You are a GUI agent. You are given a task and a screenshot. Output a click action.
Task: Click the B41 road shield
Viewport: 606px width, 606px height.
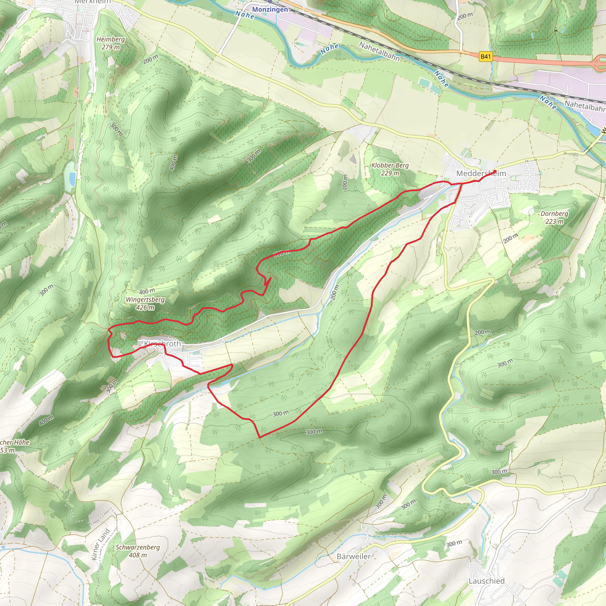pos(485,57)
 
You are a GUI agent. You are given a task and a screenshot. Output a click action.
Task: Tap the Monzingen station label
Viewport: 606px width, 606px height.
pos(270,9)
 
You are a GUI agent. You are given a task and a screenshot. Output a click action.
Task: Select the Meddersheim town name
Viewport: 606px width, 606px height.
pos(481,173)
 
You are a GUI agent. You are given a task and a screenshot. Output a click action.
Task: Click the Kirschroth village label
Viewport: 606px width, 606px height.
pos(162,344)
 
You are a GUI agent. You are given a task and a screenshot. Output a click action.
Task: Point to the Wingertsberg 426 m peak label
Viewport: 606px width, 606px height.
pos(145,303)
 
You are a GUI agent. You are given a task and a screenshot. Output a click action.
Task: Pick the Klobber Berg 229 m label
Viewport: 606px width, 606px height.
pos(390,169)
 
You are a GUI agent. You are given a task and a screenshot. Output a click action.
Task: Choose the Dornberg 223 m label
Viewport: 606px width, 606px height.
pos(554,217)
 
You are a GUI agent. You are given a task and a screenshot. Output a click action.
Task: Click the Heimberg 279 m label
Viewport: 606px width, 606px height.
pos(110,43)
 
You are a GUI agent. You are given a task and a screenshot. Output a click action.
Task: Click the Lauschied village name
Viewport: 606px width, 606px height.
pos(486,581)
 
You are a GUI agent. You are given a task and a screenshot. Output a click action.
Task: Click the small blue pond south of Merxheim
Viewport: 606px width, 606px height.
pos(72,178)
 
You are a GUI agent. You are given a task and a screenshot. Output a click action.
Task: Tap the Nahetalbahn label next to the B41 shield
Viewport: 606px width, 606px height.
pos(380,51)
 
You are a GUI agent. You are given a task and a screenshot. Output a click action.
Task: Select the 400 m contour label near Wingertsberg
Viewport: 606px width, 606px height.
pos(147,291)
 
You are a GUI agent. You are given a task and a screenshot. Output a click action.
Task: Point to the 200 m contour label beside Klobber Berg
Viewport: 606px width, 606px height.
pos(345,182)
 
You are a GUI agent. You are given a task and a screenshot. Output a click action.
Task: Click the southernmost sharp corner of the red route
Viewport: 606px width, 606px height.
pos(260,437)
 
